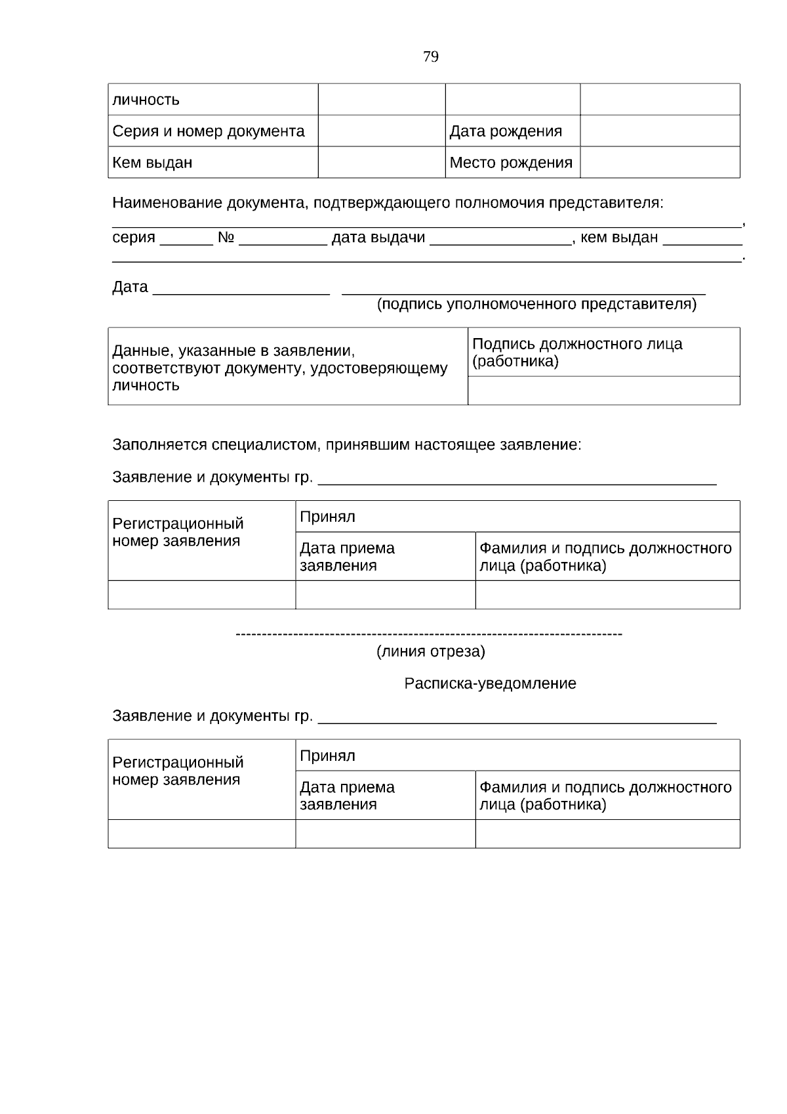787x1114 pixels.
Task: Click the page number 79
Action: tap(431, 56)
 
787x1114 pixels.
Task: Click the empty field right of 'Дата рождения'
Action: tap(660, 131)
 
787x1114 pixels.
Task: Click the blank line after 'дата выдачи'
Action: tap(500, 239)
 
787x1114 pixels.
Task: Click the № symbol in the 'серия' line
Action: tap(226, 238)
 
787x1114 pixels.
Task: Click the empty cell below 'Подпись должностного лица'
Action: tap(603, 391)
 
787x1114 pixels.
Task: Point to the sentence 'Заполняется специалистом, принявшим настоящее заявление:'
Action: tap(347, 445)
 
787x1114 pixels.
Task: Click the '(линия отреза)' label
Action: tap(430, 652)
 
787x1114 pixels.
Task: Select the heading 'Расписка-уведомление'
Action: tap(490, 684)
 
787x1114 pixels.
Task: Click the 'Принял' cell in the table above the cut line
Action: tap(517, 517)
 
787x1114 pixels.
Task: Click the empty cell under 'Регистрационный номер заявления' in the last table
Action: tap(201, 834)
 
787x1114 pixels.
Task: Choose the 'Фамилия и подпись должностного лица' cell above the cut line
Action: tap(607, 557)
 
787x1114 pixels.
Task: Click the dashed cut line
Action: tap(428, 634)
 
